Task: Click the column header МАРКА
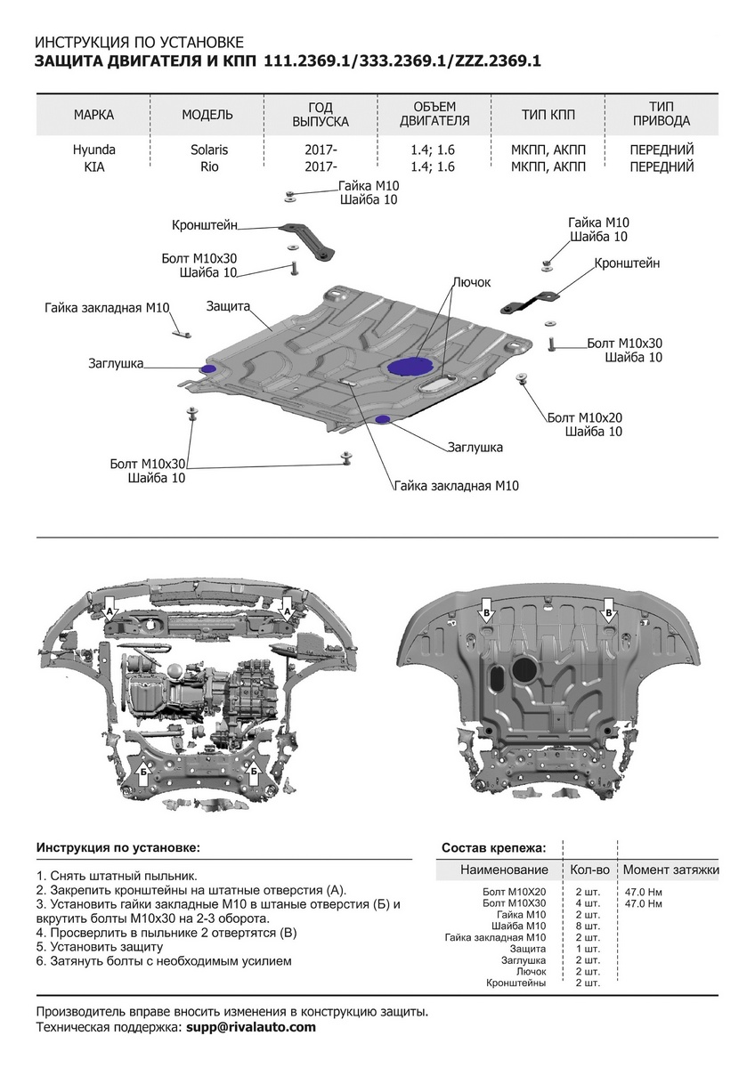[x=94, y=115]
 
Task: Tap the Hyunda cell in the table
[x=94, y=150]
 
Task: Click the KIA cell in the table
[x=94, y=166]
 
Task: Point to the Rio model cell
[x=208, y=166]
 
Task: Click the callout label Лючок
[x=471, y=282]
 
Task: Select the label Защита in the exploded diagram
[x=227, y=305]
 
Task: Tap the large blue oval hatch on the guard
[x=410, y=366]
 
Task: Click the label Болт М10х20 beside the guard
[x=585, y=417]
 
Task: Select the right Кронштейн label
[x=627, y=263]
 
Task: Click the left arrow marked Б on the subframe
[x=143, y=772]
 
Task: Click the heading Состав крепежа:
[x=494, y=847]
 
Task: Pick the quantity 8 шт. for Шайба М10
[x=589, y=926]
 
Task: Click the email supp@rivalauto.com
[x=251, y=1027]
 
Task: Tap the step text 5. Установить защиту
[x=100, y=947]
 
